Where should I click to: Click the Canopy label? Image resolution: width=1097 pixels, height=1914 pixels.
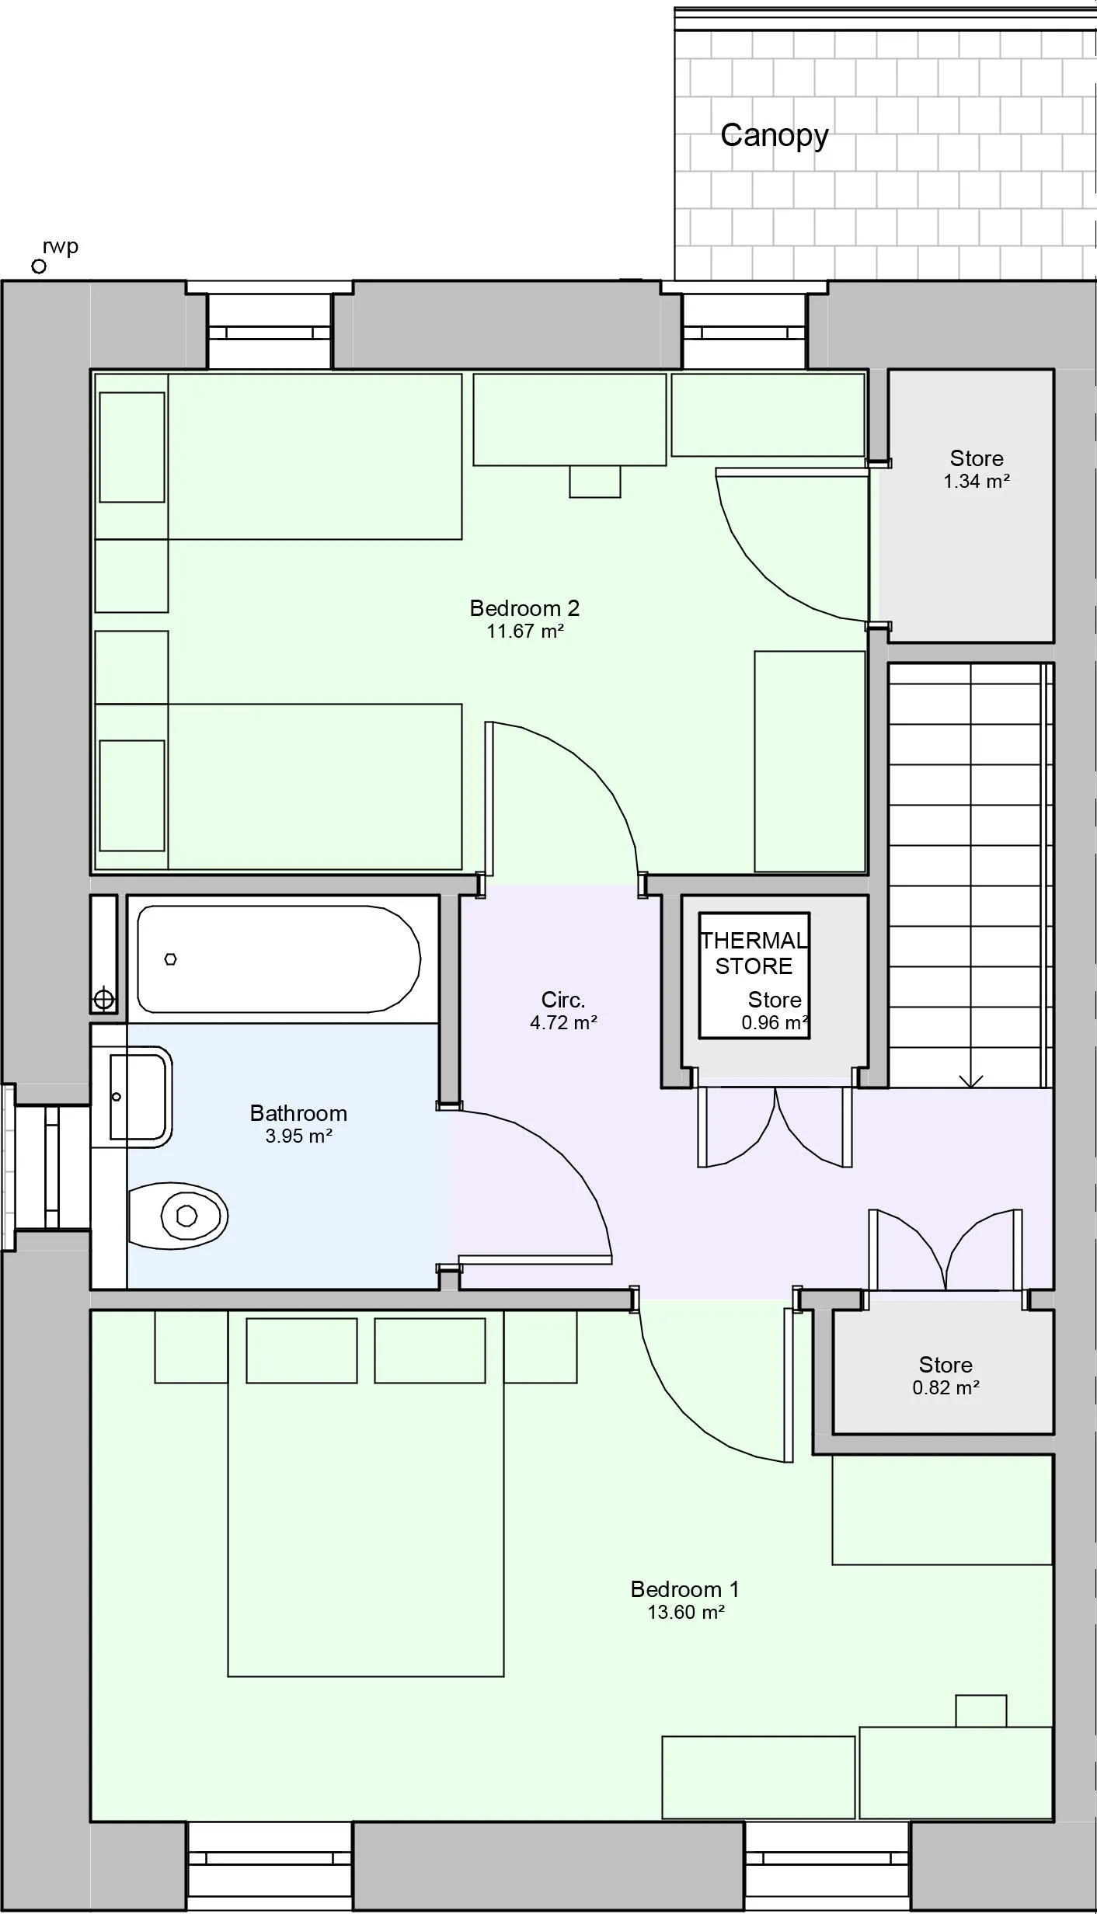tap(774, 136)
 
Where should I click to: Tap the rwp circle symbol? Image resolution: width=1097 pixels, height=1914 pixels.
tap(39, 266)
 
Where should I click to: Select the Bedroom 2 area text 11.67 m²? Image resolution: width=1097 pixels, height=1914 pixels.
tap(524, 631)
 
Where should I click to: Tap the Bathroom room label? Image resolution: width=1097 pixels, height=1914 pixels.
tap(298, 1113)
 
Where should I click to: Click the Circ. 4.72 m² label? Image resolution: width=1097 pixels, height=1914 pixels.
tap(563, 1011)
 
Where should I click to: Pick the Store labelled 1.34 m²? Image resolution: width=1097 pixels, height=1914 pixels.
tap(976, 468)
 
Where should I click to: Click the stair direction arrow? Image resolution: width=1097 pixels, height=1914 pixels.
tap(970, 1080)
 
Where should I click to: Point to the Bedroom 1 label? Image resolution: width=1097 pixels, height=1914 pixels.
tap(684, 1589)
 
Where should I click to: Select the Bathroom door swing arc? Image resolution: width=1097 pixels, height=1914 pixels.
tap(544, 1165)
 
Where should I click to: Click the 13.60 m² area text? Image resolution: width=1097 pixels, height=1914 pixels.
tap(686, 1612)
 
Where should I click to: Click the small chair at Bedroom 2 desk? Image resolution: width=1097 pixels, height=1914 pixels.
tap(594, 482)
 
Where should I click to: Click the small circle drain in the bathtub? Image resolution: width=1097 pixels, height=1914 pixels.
tap(171, 959)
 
